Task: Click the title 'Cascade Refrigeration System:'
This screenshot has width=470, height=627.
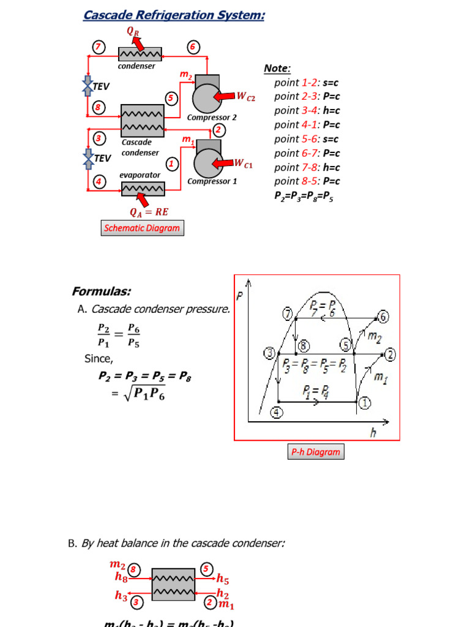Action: (x=174, y=15)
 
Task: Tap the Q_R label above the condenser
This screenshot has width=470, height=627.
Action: (x=133, y=30)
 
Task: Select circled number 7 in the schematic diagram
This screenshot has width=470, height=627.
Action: (x=99, y=47)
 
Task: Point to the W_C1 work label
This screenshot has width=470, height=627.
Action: (x=244, y=163)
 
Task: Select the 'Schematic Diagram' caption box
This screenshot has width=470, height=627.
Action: (x=142, y=228)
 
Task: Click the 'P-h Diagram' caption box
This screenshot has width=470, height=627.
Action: (x=315, y=452)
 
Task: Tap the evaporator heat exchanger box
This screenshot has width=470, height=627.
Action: (x=143, y=189)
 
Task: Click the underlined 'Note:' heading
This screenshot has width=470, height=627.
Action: (x=277, y=69)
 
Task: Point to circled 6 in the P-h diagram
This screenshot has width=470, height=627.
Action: (x=383, y=317)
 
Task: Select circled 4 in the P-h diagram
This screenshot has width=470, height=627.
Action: (x=277, y=413)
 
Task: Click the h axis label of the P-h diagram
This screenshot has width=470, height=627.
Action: (x=373, y=433)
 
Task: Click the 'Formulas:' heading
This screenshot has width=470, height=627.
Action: (x=102, y=291)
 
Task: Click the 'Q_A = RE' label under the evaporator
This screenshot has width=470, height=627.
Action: (x=149, y=212)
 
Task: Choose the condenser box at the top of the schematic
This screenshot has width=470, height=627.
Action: (x=140, y=54)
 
